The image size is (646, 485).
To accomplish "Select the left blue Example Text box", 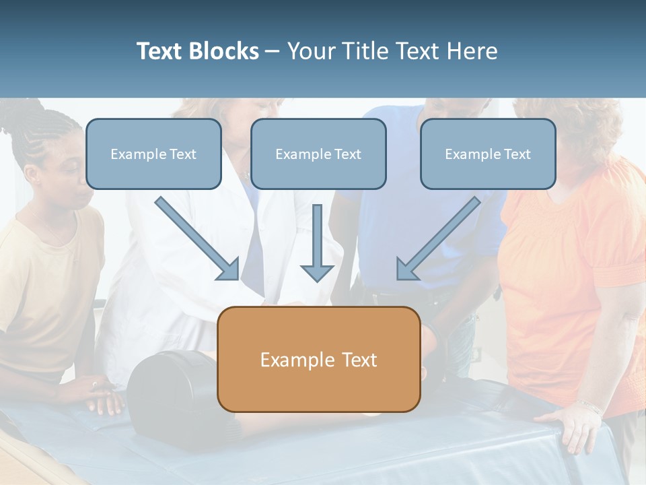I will click(153, 154).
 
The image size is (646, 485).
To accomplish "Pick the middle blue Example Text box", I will click(318, 154).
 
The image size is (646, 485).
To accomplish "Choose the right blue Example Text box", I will click(488, 154).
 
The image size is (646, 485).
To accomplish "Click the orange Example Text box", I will click(318, 360).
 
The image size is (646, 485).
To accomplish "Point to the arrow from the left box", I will click(196, 238).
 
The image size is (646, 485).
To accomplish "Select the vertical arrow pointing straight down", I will click(317, 243).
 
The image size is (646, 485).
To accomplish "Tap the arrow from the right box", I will click(439, 238).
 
